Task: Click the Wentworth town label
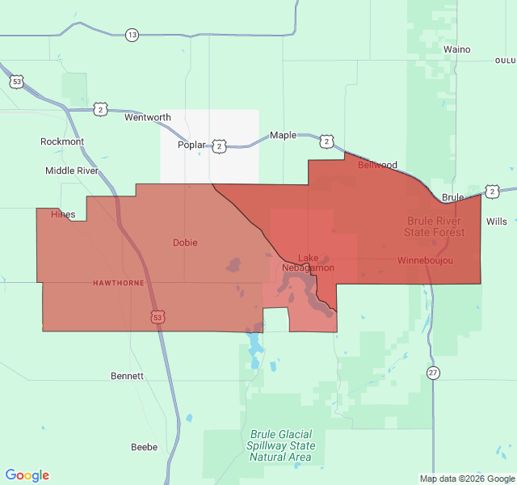[x=148, y=117]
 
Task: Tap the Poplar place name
[x=192, y=145]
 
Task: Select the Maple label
[x=283, y=135]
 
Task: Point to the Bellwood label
[x=377, y=165]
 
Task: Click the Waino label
[x=457, y=49]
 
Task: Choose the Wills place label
[x=497, y=221]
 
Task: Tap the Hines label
[x=63, y=214]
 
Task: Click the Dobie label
[x=185, y=242]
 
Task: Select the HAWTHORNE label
[x=118, y=283]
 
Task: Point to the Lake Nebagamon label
[x=308, y=263]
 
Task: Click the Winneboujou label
[x=425, y=260]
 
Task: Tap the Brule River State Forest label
[x=435, y=226]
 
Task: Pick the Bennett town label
[x=127, y=376]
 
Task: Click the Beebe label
[x=145, y=446]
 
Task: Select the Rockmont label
[x=62, y=141]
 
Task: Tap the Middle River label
[x=71, y=171]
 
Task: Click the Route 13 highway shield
[x=132, y=35]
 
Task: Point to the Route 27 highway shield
[x=434, y=372]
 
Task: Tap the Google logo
[x=27, y=475]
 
